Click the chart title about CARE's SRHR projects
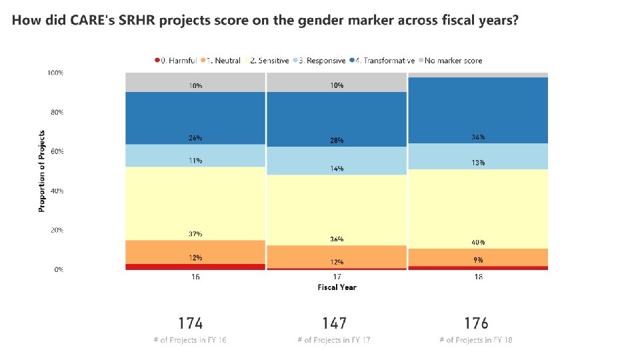coord(265,20)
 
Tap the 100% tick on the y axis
coord(55,73)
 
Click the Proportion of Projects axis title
coord(41,171)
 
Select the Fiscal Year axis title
coord(337,287)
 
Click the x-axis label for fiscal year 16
coord(195,277)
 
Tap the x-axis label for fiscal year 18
coord(478,277)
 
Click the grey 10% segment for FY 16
coord(195,82)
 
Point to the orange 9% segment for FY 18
coord(478,257)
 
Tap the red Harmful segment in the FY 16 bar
coord(195,267)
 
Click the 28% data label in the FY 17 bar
coord(337,141)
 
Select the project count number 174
coord(190,323)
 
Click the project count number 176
coord(476,323)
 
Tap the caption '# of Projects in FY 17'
coord(334,341)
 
